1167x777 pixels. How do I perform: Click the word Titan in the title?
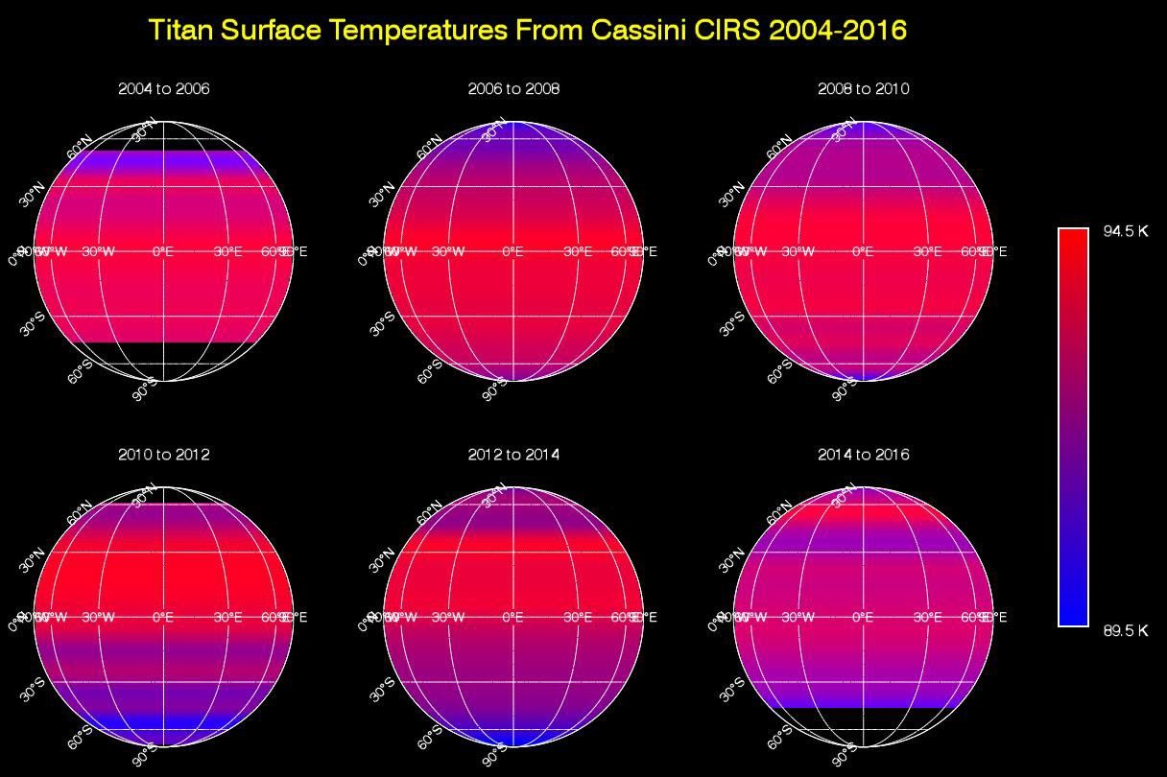click(182, 30)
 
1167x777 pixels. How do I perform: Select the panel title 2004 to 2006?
click(164, 89)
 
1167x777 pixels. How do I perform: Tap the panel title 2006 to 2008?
click(513, 89)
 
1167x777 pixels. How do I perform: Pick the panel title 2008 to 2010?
click(864, 89)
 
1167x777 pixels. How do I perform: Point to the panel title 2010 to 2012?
click(164, 455)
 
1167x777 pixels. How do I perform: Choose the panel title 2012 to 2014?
click(513, 455)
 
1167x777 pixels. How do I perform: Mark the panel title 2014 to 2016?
click(864, 455)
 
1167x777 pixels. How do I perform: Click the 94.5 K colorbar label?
click(1125, 231)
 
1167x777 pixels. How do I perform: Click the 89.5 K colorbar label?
click(1125, 630)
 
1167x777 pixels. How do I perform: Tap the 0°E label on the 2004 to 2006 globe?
click(164, 252)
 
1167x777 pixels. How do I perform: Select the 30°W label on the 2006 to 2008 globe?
click(448, 252)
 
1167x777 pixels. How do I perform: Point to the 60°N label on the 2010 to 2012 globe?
click(80, 512)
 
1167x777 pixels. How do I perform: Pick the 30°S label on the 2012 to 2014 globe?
click(382, 690)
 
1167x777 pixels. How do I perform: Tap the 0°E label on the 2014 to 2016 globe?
click(864, 618)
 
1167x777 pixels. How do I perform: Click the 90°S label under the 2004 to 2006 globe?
click(144, 390)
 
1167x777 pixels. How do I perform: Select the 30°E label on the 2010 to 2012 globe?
click(227, 618)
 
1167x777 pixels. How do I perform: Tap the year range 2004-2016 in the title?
click(837, 30)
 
